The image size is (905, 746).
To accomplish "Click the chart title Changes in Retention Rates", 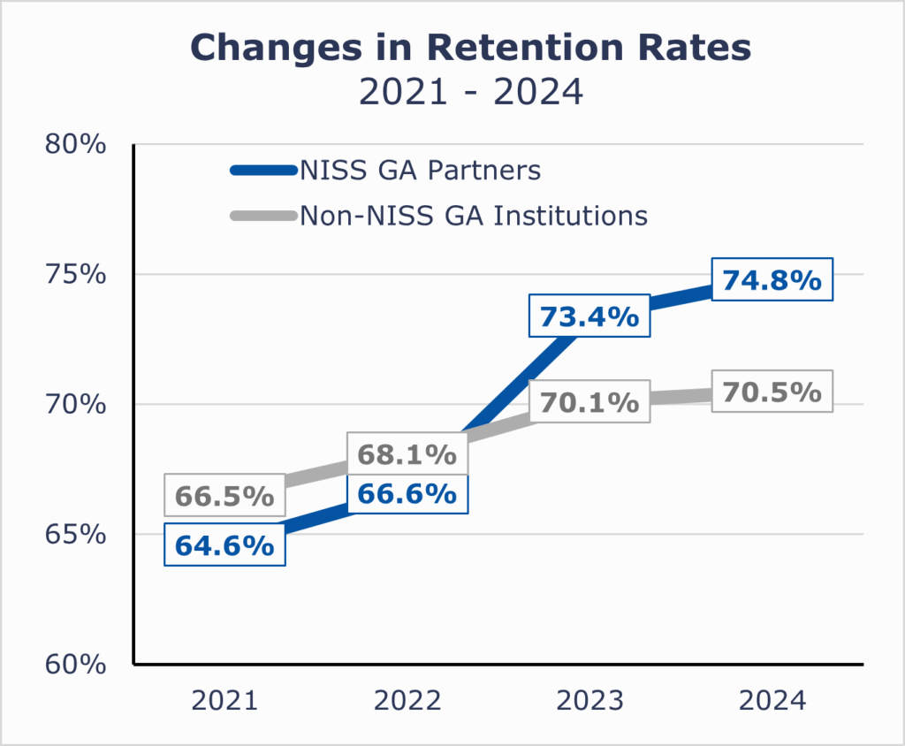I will point(470,48).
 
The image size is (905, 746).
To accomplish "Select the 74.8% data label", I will point(772,280).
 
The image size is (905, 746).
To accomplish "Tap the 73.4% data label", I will point(589,316).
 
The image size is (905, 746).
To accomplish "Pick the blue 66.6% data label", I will point(407,493).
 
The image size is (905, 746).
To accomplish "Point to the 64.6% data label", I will point(224,545).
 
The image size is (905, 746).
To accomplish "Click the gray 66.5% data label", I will point(224,496).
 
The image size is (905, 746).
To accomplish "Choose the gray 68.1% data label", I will point(407,455).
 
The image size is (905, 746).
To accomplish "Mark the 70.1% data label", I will point(589,402).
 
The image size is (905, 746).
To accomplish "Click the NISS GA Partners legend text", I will point(420,170).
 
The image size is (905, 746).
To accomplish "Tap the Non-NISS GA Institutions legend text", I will point(474,215).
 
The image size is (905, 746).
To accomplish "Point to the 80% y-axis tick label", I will point(75,143).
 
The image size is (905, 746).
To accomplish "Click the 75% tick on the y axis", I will point(75,273).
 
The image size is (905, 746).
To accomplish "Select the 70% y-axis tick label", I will point(75,404).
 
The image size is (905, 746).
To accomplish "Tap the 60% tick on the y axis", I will point(75,664).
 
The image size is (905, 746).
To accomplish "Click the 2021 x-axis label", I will point(224,702).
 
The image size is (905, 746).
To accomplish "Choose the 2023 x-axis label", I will point(589,702).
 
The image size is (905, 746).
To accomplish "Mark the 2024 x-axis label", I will point(772,702).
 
